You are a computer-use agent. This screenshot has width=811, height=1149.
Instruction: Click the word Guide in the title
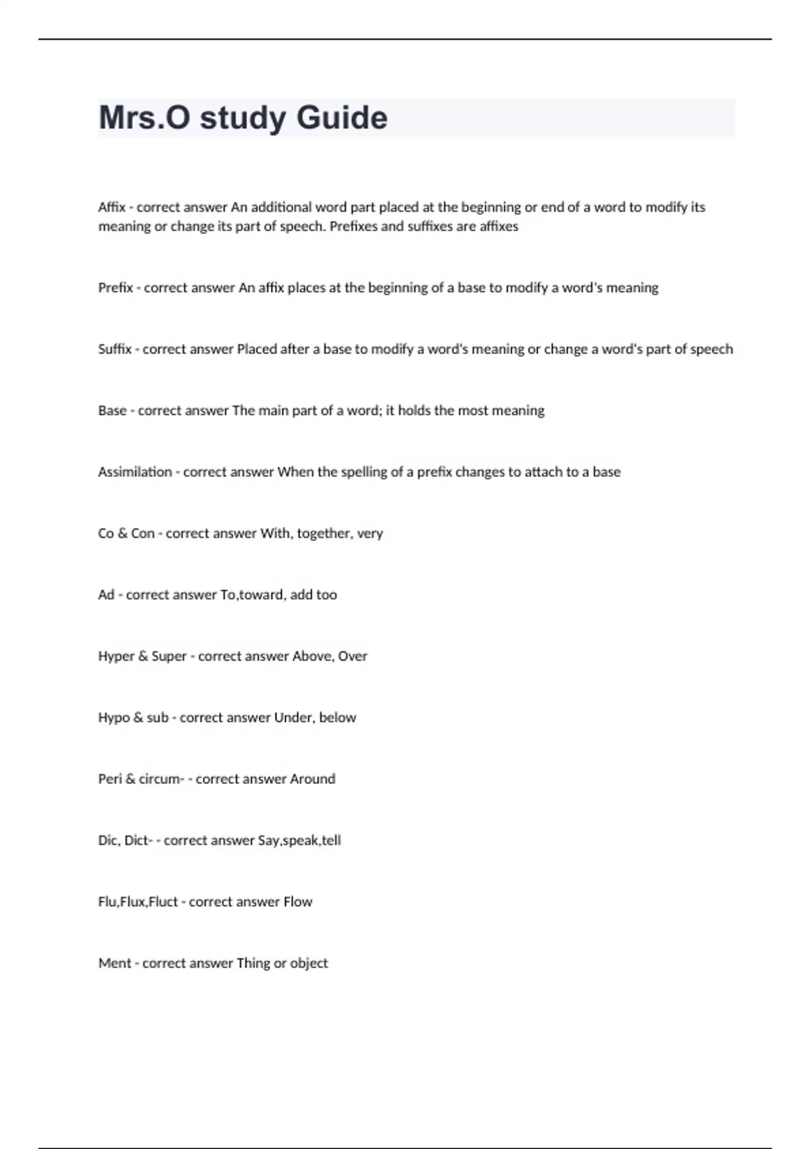click(x=342, y=118)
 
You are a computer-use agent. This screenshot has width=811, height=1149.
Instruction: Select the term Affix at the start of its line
click(x=112, y=207)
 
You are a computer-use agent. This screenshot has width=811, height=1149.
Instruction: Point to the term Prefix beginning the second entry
click(x=116, y=288)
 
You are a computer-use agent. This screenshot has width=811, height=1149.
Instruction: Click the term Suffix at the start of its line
click(x=115, y=349)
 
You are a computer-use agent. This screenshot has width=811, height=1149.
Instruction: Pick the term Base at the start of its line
click(x=112, y=411)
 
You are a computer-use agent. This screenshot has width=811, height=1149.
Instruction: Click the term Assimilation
click(x=135, y=472)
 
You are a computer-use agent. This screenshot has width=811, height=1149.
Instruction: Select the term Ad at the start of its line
click(x=106, y=595)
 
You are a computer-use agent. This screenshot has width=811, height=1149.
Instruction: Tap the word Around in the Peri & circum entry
click(x=312, y=779)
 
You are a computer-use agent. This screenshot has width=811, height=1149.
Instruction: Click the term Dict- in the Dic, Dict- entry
click(x=138, y=841)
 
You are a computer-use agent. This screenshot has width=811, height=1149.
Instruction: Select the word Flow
click(x=298, y=902)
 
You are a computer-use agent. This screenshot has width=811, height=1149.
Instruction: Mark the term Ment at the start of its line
click(x=115, y=964)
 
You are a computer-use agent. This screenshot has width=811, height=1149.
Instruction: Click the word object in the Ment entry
click(x=309, y=964)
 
